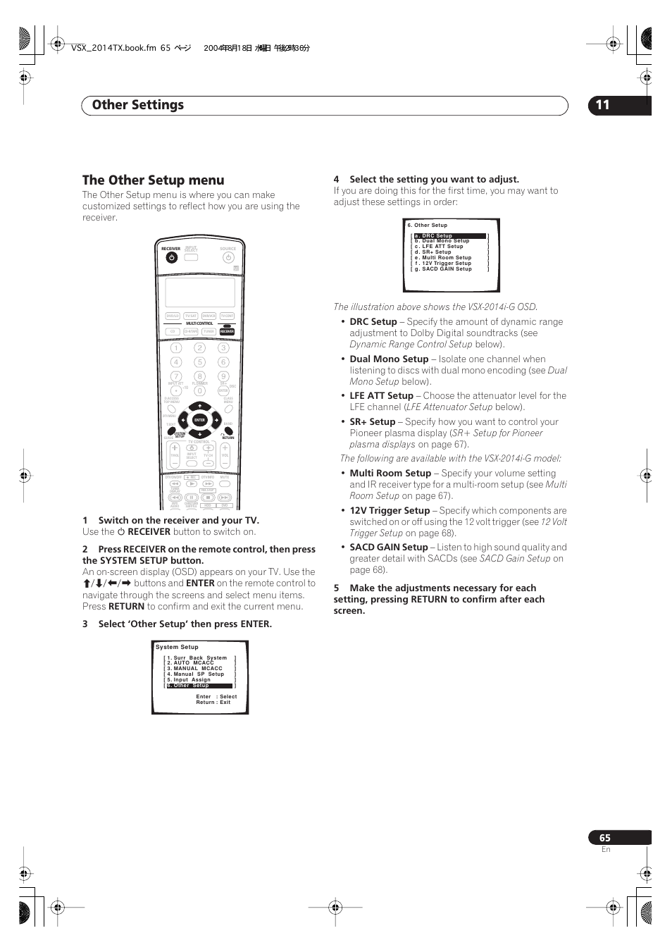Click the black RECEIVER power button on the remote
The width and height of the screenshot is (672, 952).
click(171, 258)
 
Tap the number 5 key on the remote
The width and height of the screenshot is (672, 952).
click(199, 362)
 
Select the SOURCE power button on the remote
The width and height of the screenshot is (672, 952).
click(228, 258)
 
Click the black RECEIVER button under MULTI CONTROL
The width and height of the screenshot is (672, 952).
click(227, 331)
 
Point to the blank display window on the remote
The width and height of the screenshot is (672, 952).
click(200, 292)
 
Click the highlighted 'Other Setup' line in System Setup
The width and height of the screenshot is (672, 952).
click(199, 686)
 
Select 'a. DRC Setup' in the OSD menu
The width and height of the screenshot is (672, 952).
click(450, 236)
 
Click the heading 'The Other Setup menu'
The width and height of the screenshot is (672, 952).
click(153, 180)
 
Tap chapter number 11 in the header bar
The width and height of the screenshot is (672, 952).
click(602, 105)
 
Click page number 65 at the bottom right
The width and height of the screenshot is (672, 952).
click(605, 838)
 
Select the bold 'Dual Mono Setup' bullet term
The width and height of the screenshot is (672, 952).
click(389, 359)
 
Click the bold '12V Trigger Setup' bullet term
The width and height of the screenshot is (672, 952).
click(390, 510)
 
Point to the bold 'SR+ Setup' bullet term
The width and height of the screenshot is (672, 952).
click(372, 421)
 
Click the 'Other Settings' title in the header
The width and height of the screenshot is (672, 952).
click(138, 105)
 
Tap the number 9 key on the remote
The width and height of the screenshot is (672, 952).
click(223, 376)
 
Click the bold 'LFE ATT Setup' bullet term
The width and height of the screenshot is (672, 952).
click(381, 396)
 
